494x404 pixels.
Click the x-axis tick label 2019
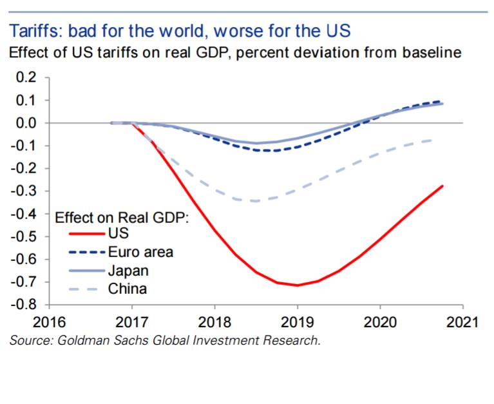297,322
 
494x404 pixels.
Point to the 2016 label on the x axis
49,322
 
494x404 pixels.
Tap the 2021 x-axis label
462,322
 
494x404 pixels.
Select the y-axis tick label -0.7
24,282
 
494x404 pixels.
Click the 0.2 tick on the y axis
26,77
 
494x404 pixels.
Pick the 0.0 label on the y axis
26,123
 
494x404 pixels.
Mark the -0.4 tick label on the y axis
24,214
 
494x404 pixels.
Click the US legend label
119,233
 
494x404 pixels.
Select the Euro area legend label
140,252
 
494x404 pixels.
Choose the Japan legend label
128,271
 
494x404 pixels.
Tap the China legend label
128,289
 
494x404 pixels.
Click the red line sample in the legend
87,234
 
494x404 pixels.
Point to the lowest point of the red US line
297,285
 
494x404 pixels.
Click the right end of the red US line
442,186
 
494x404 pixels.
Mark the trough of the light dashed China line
256,201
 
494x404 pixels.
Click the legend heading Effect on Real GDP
122,218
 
